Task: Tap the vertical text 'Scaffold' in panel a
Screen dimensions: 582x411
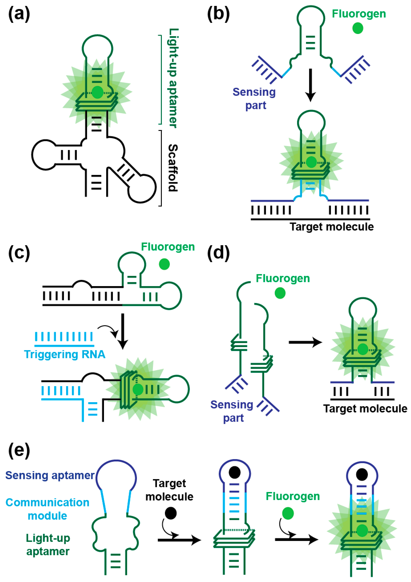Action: click(173, 168)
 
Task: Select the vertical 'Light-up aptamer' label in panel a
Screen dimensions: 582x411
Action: click(173, 78)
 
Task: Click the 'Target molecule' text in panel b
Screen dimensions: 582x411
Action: click(331, 227)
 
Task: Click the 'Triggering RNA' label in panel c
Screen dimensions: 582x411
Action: click(65, 354)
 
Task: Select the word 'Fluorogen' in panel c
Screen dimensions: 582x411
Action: click(168, 247)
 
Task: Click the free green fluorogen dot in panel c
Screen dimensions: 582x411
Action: click(164, 264)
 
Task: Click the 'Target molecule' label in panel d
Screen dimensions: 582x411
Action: click(365, 408)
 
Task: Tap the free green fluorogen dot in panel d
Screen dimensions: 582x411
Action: click(280, 293)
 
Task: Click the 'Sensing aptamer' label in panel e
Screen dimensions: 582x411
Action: click(50, 475)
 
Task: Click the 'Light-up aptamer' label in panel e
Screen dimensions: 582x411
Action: click(48, 545)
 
